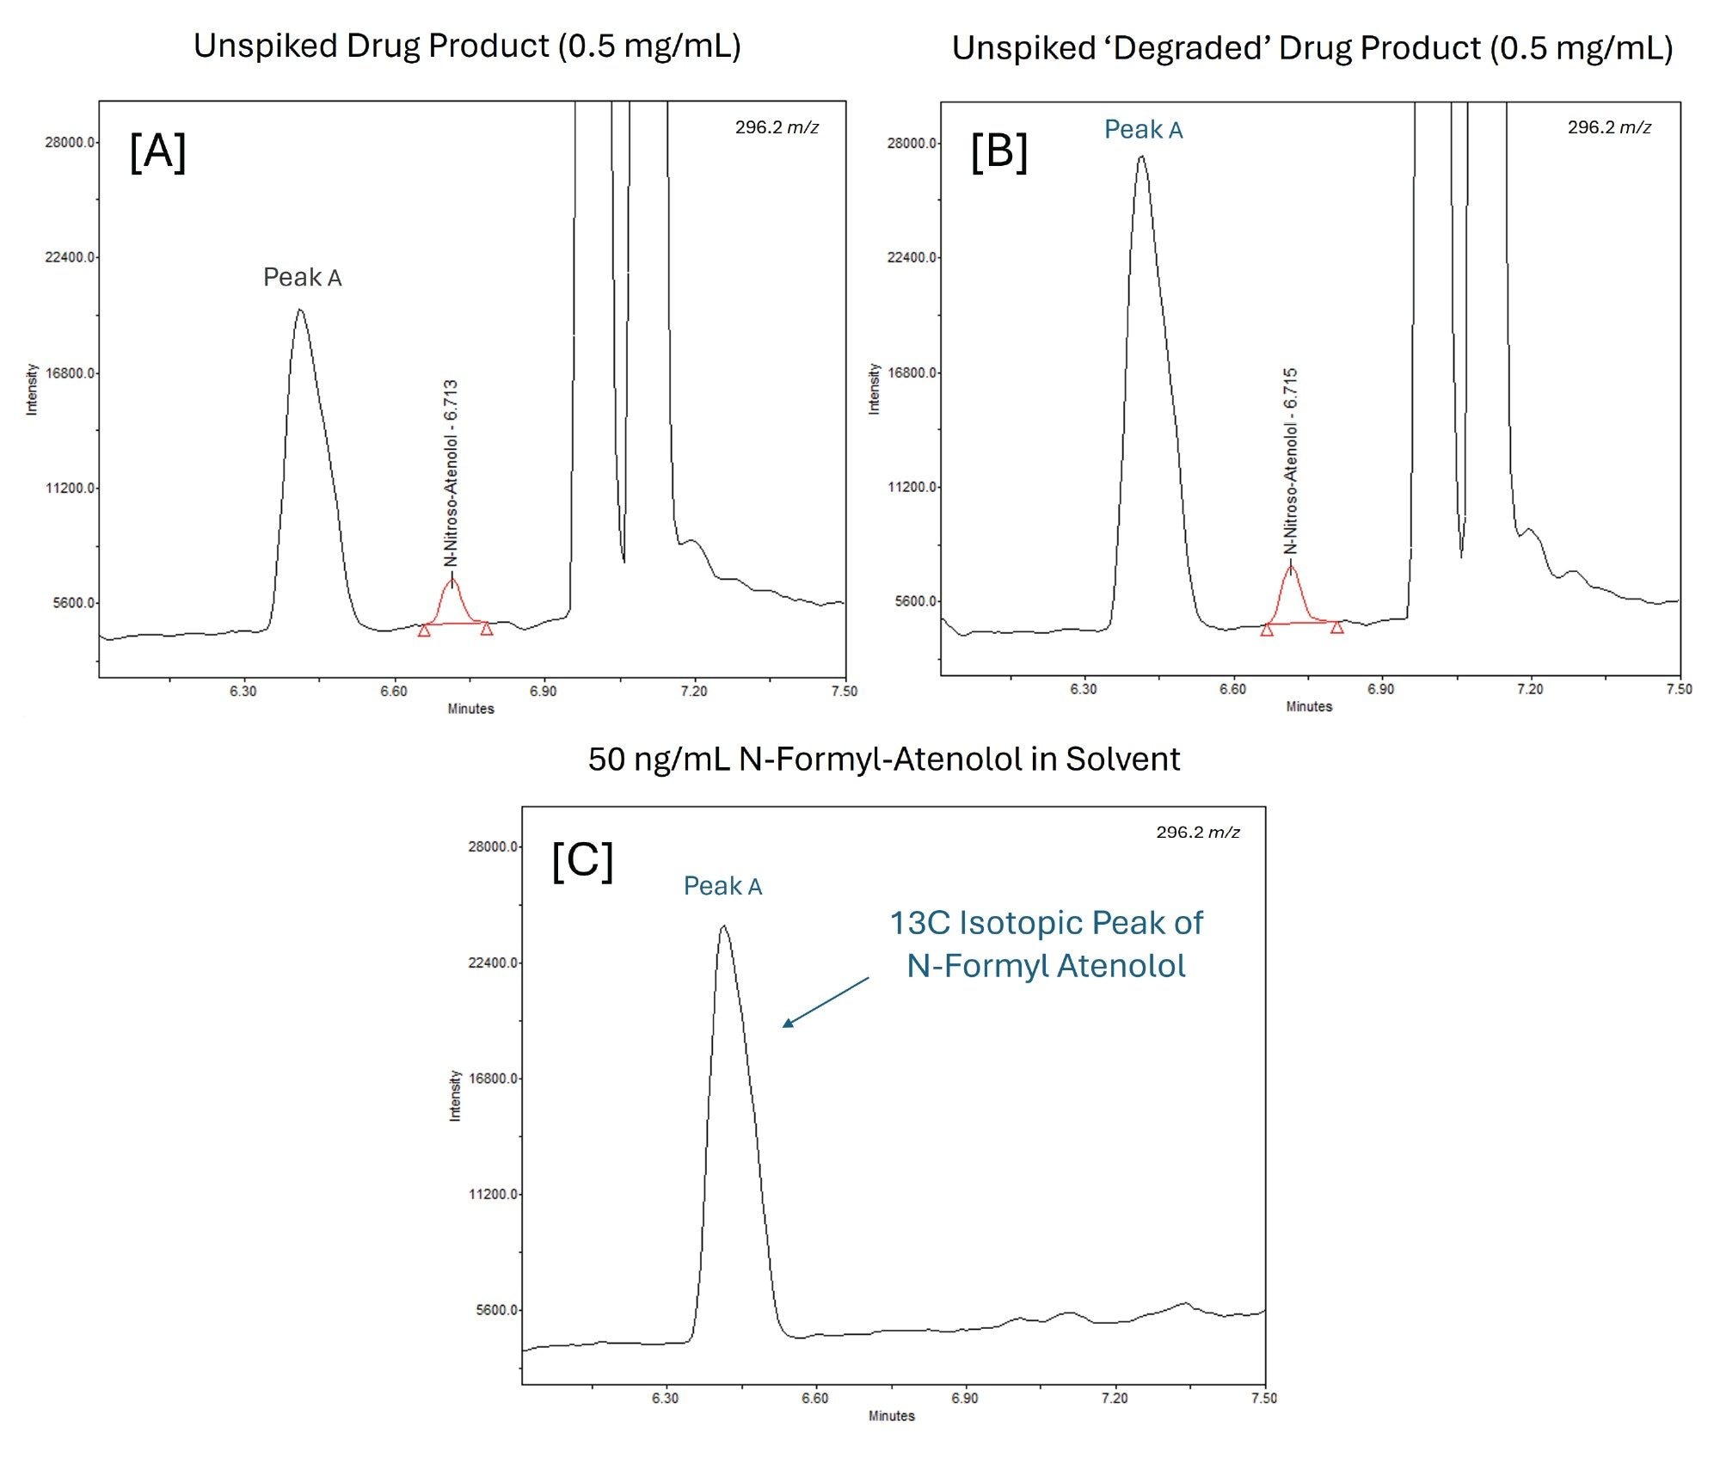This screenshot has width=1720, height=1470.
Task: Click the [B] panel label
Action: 998,152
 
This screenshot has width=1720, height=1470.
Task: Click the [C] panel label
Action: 582,861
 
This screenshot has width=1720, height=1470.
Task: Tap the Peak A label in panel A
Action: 302,277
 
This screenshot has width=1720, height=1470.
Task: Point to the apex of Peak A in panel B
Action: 1141,157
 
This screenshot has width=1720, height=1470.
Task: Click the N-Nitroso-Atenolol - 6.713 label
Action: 451,473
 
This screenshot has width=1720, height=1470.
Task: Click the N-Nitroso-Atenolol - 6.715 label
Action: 1290,461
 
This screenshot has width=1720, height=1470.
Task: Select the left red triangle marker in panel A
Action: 424,630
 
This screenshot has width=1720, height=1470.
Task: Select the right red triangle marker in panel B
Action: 1336,627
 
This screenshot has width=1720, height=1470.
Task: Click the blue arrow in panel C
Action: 825,1002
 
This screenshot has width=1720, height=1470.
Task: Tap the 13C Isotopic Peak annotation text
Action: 1046,944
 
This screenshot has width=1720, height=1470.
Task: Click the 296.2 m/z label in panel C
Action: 1197,832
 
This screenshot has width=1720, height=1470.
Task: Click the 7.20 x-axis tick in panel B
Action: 1529,689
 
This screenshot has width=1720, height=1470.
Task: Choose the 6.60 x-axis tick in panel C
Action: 814,1398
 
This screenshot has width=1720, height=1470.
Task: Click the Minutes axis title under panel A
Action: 470,709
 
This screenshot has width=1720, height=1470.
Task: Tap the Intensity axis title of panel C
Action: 455,1095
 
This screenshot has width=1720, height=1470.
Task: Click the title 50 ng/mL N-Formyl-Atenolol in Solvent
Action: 883,759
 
